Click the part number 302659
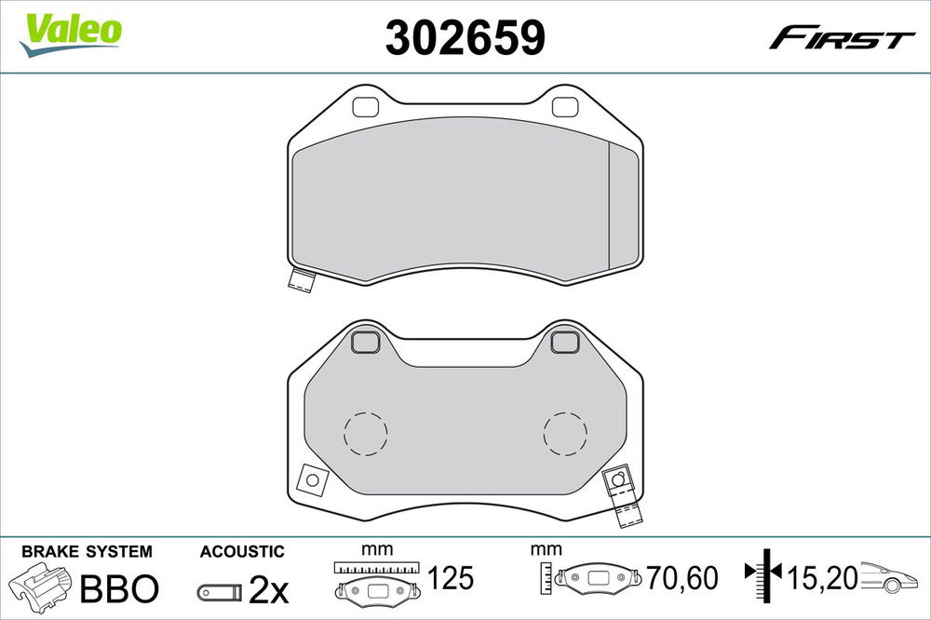pos(465,37)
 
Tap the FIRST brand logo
pos(841,38)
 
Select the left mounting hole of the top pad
pos(365,107)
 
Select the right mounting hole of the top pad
pos(565,107)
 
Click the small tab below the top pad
pos(301,280)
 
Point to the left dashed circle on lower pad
pos(366,434)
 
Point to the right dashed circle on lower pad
pos(565,434)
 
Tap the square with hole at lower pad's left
pos(313,479)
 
